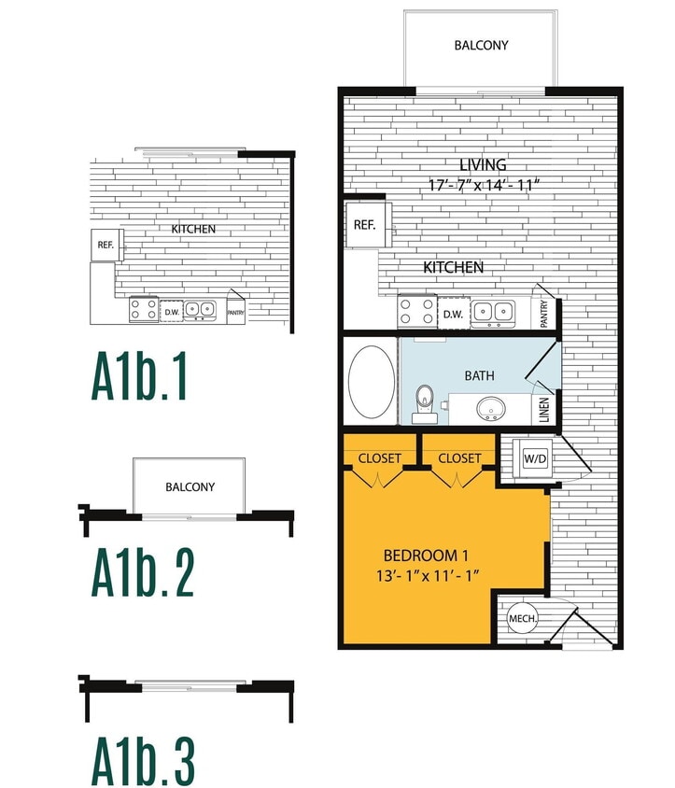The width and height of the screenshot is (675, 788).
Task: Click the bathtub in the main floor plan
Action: [x=371, y=382]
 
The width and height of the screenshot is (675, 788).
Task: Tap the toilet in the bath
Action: [x=425, y=399]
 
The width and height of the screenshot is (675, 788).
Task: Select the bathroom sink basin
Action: [x=491, y=408]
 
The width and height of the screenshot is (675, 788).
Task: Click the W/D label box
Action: [x=534, y=458]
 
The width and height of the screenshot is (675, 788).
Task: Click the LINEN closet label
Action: [x=545, y=410]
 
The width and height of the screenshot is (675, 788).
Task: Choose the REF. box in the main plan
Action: [x=364, y=224]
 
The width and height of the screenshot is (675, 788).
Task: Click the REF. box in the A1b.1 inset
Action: [x=105, y=245]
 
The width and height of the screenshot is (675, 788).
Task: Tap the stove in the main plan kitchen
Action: [x=416, y=311]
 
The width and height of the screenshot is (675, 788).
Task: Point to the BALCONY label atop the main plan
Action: [x=481, y=45]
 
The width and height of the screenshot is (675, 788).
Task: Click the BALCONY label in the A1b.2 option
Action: [x=190, y=486]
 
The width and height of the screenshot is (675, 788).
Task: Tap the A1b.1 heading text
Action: [x=140, y=376]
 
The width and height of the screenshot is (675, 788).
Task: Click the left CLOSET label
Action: [x=380, y=458]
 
